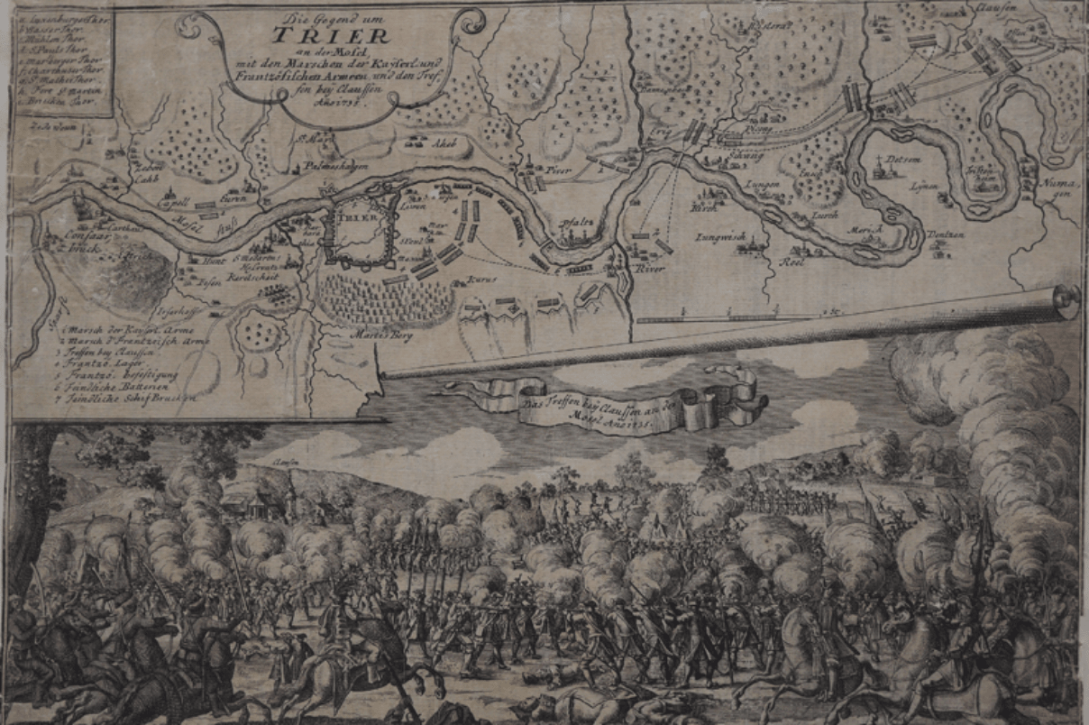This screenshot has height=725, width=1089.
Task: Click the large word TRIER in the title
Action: tap(332, 37)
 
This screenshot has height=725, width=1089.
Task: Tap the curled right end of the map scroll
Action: tap(1066, 301)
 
